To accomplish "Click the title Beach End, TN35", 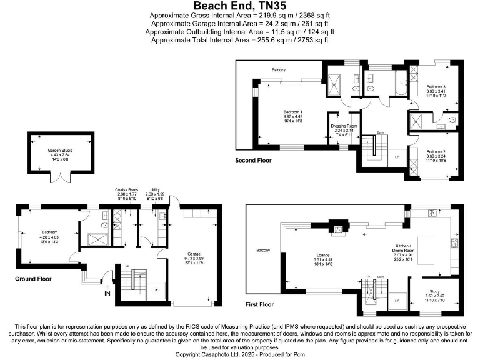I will pos(240,6).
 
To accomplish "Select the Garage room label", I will pos(194,258).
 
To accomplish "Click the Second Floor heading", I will pos(253,161).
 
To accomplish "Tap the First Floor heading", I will pos(259,304).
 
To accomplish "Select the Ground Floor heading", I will pos(33,279).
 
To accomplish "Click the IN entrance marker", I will pos(107,293).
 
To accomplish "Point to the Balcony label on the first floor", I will pos(263,251).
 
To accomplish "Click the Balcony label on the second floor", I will pos(278,69).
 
